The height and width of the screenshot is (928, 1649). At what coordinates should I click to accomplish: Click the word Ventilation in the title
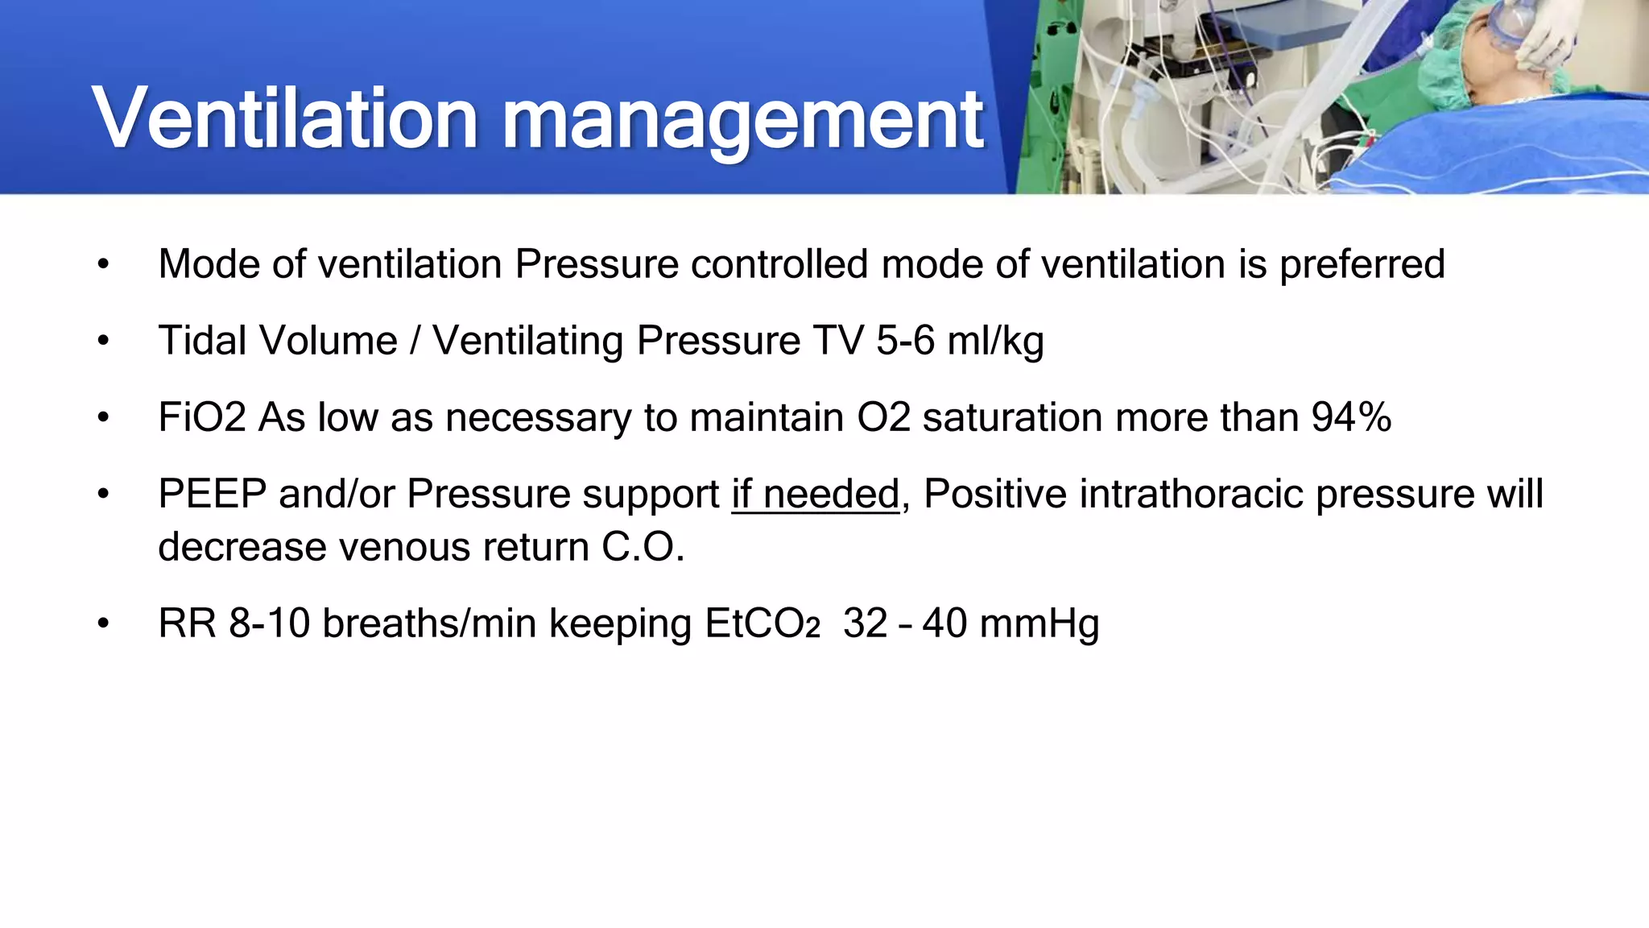(x=286, y=119)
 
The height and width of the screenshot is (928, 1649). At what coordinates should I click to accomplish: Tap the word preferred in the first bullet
(x=1362, y=264)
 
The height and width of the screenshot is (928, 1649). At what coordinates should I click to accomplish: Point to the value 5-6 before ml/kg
(x=905, y=341)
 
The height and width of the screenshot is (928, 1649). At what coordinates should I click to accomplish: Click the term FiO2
(x=202, y=417)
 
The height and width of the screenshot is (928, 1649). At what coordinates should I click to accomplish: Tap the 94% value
(x=1351, y=417)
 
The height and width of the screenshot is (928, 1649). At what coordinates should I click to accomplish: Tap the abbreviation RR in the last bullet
(x=187, y=623)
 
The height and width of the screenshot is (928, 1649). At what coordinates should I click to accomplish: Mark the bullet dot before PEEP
(x=103, y=494)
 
